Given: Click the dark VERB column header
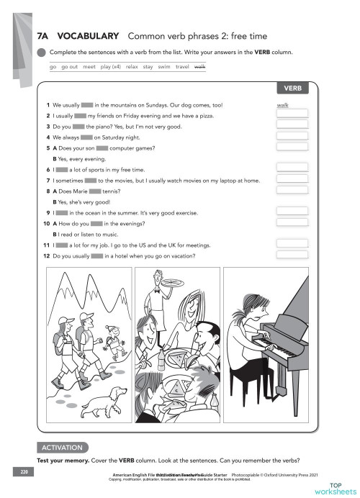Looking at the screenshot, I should pos(292,89).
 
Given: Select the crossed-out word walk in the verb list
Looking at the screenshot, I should pos(200,66).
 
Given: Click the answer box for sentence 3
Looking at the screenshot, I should pos(292,126).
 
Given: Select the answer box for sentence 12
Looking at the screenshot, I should pos(292,256).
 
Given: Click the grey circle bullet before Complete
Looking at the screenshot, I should pos(42,52).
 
